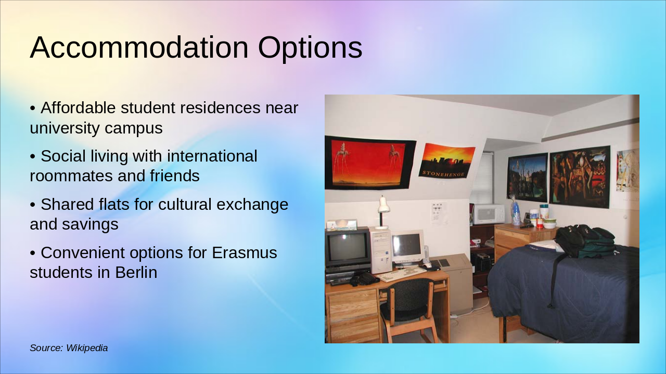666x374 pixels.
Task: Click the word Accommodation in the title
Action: (139, 47)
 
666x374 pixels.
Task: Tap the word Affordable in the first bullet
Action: (78, 108)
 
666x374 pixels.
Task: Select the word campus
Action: (134, 128)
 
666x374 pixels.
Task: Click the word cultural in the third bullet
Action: (185, 205)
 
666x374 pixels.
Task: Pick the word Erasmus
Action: (245, 253)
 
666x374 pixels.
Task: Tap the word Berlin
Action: (136, 273)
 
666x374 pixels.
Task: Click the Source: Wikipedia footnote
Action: (69, 348)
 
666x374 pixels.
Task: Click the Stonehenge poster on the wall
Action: (446, 161)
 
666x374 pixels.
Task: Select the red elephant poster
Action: (369, 163)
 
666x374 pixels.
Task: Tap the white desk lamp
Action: (383, 213)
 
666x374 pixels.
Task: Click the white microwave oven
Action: (489, 214)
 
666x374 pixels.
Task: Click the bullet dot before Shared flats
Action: (33, 205)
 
